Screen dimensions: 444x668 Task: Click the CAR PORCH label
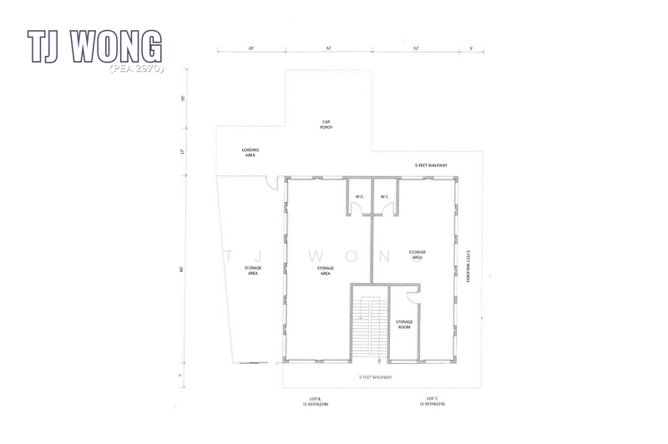327,124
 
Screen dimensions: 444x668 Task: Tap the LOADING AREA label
250,152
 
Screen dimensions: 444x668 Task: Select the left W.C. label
358,197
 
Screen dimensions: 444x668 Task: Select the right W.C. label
385,197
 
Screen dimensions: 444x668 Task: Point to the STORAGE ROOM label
404,324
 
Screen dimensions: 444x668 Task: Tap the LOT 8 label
316,403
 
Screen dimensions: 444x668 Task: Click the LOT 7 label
432,403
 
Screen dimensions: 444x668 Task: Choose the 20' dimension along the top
250,48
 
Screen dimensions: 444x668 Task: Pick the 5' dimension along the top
472,48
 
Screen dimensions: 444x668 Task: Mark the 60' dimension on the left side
182,269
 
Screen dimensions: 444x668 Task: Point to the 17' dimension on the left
182,152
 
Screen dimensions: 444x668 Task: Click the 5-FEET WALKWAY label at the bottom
375,377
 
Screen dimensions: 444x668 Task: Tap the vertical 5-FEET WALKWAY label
469,267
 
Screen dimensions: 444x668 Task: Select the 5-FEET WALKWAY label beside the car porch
431,165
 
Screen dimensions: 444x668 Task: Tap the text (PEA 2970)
136,67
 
